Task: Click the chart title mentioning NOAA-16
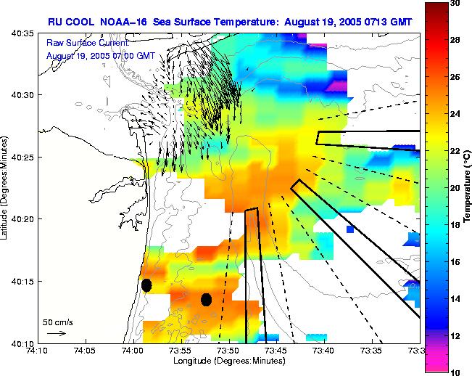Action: pyautogui.click(x=231, y=22)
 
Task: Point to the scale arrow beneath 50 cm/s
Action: pyautogui.click(x=56, y=333)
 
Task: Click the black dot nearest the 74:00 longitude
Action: pyautogui.click(x=146, y=285)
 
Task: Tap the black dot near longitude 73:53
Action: pyautogui.click(x=206, y=299)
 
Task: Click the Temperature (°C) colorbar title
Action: pyautogui.click(x=468, y=187)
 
